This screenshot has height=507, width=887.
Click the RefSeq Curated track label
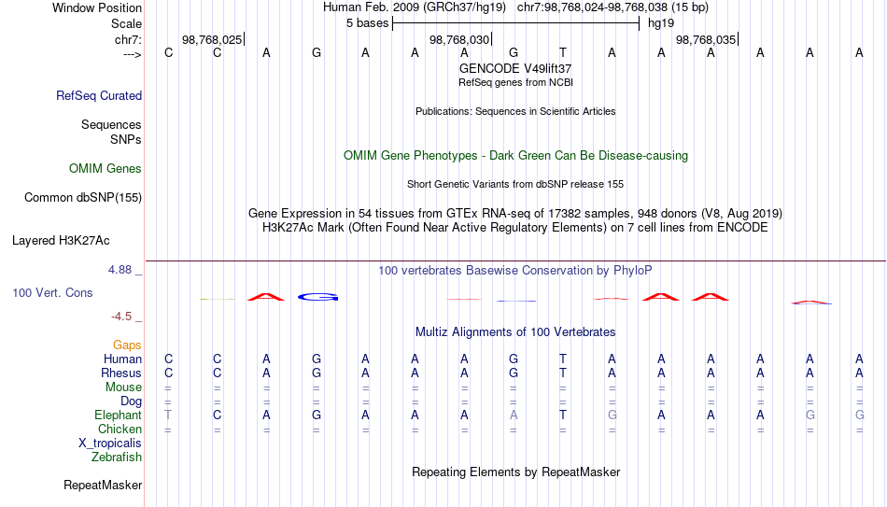point(98,95)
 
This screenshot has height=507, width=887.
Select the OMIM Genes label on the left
point(105,169)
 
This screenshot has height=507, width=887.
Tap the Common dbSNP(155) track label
point(82,198)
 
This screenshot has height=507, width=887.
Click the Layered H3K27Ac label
point(61,241)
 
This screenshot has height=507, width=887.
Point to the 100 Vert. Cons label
point(52,292)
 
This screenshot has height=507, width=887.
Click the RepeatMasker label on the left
point(103,485)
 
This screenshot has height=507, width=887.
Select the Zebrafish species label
point(117,457)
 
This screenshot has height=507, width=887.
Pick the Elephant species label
point(118,415)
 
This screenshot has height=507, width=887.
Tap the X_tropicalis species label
point(110,444)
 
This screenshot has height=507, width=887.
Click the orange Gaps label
point(127,345)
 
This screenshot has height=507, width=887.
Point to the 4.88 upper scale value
point(120,270)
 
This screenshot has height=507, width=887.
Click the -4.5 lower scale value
point(121,317)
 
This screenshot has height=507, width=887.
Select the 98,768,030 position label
point(458,39)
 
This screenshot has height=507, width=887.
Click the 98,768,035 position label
point(706,39)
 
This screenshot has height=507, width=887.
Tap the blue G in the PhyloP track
point(317,297)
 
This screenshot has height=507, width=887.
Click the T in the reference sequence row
point(563,52)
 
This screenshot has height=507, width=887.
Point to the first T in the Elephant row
point(168,415)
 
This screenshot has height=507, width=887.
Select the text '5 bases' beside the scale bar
point(367,23)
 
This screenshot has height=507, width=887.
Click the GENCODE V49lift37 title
point(515,68)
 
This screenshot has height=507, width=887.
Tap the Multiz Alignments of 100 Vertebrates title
point(515,332)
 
